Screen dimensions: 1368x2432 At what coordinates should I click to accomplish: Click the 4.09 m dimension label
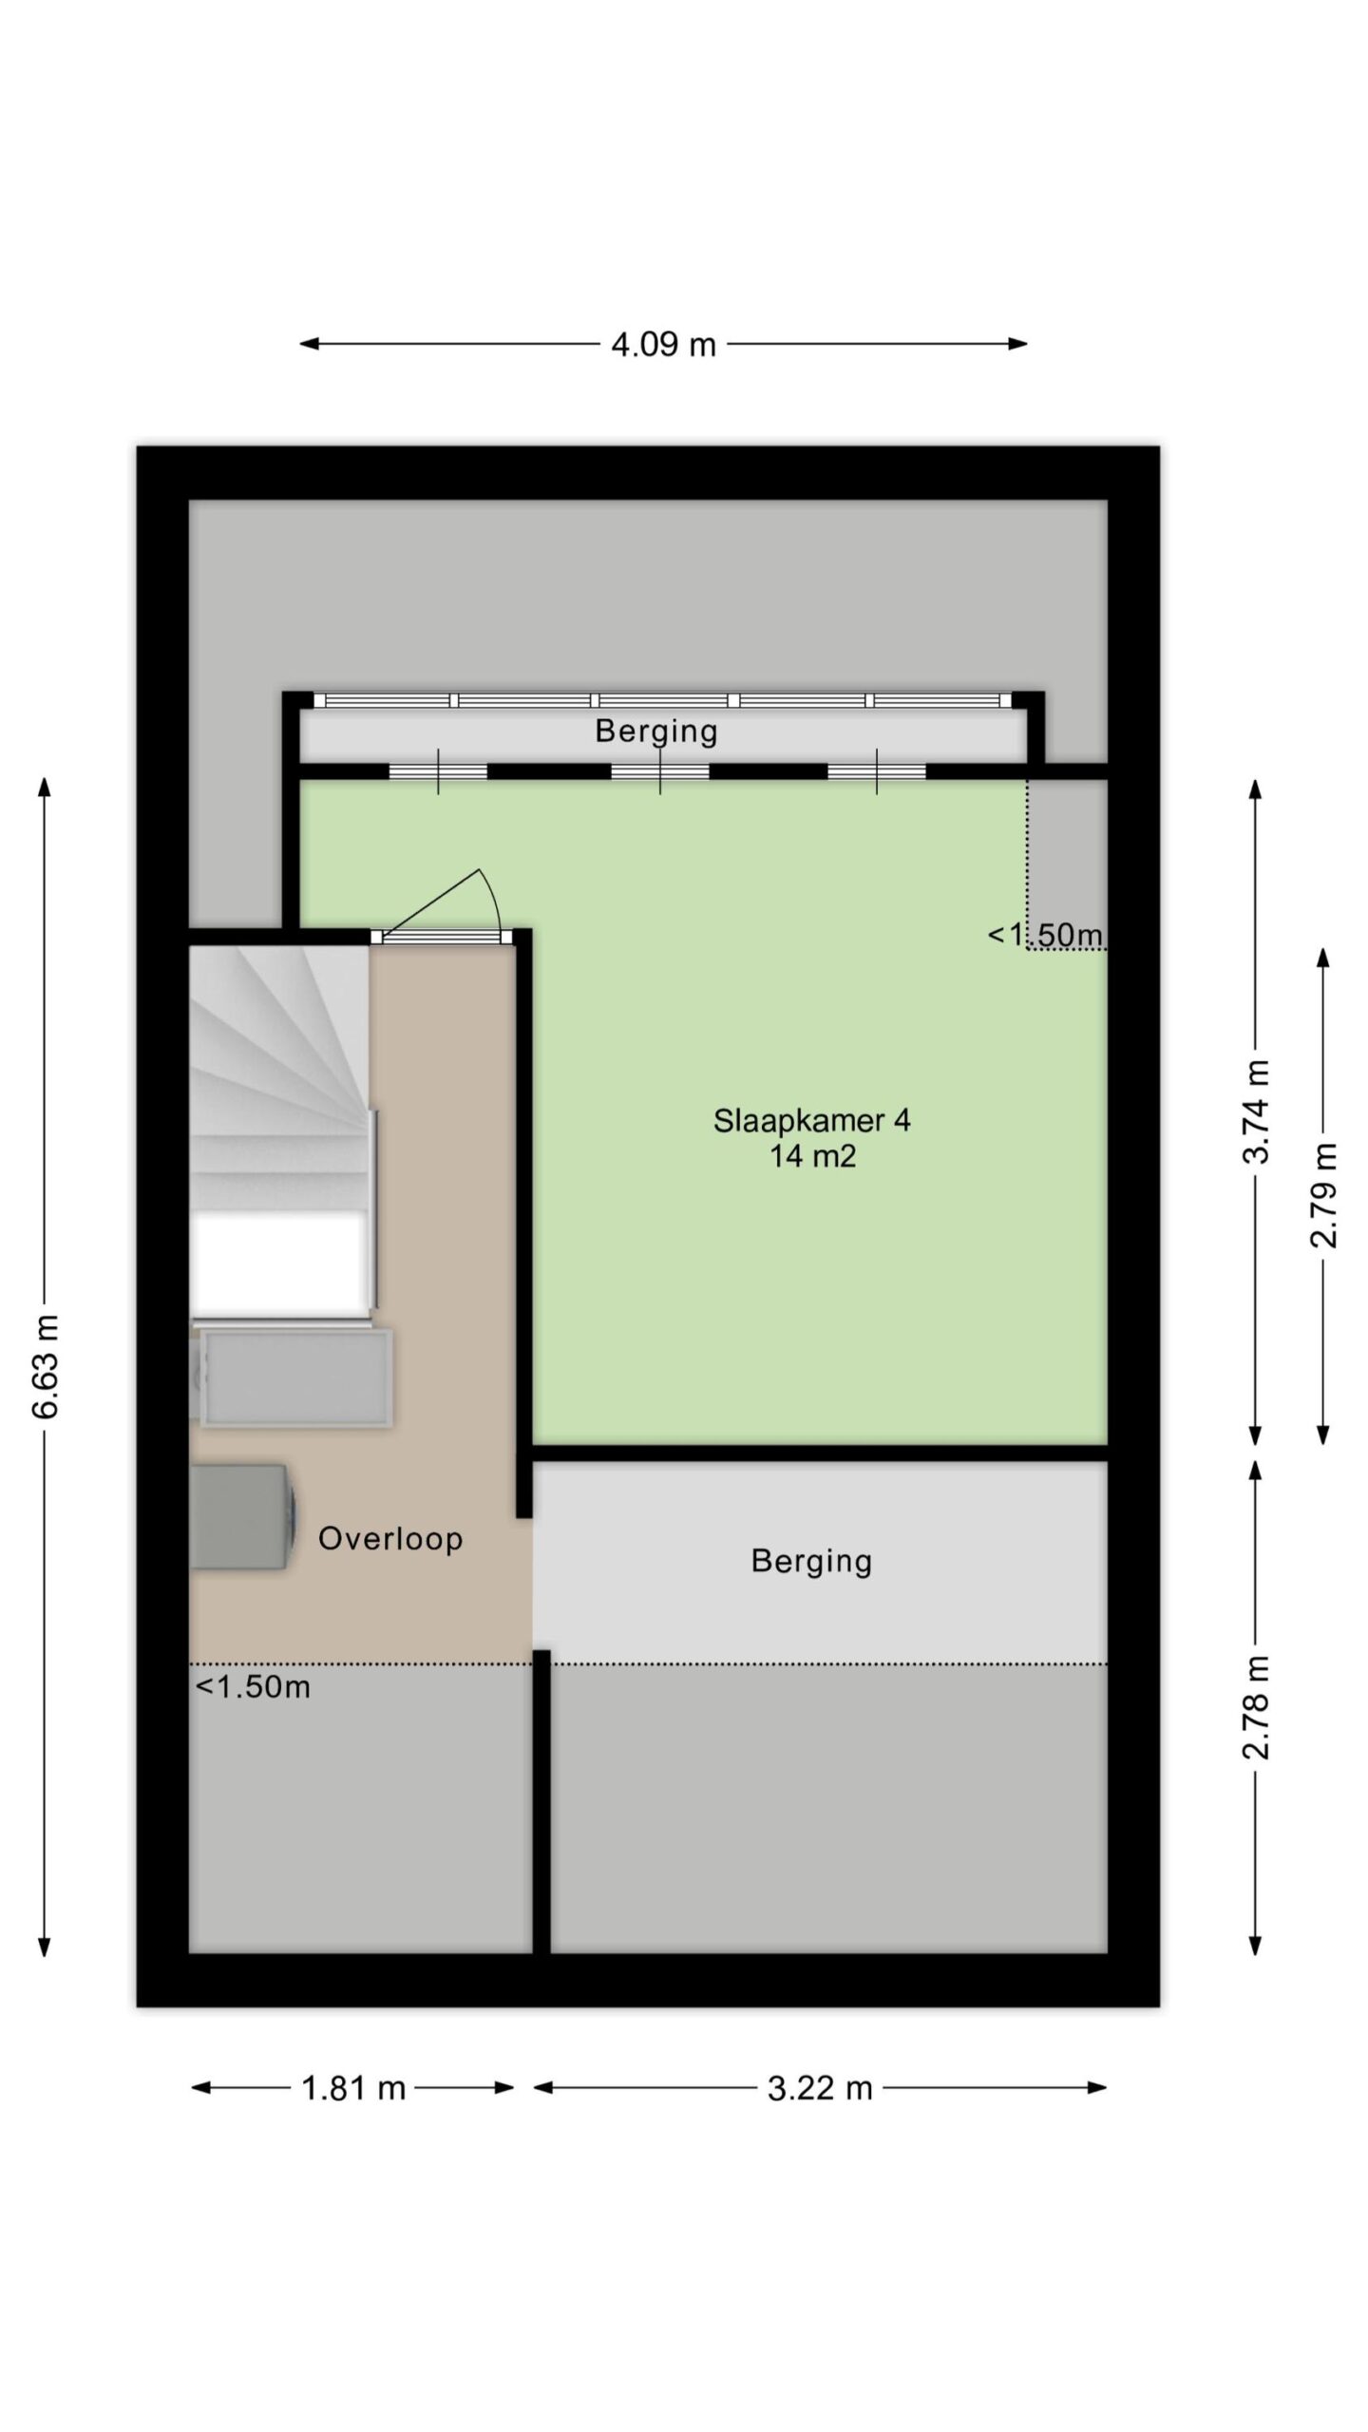pos(663,344)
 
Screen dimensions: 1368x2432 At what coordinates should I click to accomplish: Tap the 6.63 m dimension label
pos(45,1366)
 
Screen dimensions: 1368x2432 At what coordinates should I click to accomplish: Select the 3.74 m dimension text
pos(1256,1111)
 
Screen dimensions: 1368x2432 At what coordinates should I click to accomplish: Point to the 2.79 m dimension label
pos(1323,1195)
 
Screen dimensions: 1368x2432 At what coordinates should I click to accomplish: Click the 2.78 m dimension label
pos(1256,1707)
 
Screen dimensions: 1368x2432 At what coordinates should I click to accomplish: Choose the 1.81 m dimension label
pos(353,2088)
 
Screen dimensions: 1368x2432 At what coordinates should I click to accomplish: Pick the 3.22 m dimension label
pos(820,2088)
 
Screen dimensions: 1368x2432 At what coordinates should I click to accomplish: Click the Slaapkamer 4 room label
pos(812,1121)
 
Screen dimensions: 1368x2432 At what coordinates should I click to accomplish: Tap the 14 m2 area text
pos(813,1156)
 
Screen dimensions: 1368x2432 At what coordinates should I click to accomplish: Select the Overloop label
pos(390,1538)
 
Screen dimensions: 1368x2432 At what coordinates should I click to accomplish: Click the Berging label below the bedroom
pos(811,1562)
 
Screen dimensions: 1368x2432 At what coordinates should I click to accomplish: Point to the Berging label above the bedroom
pos(655,731)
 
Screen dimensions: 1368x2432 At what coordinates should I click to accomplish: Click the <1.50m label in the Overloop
pos(253,1687)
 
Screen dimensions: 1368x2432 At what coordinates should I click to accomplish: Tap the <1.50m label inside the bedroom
pos(1046,935)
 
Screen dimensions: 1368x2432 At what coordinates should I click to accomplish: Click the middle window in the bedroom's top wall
pos(660,771)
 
